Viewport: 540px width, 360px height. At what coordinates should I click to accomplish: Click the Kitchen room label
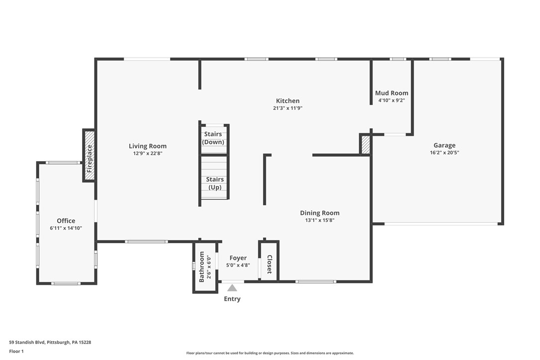pos(288,101)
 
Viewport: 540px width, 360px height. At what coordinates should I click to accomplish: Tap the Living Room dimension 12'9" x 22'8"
pos(148,154)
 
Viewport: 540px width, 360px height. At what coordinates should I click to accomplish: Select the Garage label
pos(444,146)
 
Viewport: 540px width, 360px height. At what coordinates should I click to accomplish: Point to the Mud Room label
pos(391,93)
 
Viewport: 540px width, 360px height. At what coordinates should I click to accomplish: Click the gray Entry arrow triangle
pos(232,288)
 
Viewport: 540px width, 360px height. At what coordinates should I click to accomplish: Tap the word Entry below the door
pos(232,299)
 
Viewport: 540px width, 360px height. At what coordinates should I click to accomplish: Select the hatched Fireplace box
pos(89,155)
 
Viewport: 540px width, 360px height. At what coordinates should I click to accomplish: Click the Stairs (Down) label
pos(213,138)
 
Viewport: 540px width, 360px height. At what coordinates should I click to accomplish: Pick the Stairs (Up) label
pos(215,183)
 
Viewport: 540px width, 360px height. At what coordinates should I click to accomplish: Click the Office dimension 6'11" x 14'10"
pos(66,228)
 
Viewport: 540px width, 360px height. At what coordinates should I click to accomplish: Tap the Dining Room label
pos(320,213)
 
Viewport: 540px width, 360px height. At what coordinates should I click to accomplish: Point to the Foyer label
pos(238,258)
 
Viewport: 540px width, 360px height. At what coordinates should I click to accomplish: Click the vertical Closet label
pos(270,265)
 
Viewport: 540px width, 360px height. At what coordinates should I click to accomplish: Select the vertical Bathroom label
pos(202,267)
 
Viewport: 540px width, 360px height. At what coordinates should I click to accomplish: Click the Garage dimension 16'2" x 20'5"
pos(444,153)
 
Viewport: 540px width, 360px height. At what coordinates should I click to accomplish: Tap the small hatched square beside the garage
pos(365,145)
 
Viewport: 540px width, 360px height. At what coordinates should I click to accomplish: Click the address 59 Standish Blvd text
pos(50,342)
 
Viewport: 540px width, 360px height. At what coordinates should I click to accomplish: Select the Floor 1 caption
pos(16,351)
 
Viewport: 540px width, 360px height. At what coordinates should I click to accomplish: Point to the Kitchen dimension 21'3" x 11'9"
pos(288,108)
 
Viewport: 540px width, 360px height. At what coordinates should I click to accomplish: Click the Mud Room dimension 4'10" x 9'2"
pos(391,100)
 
